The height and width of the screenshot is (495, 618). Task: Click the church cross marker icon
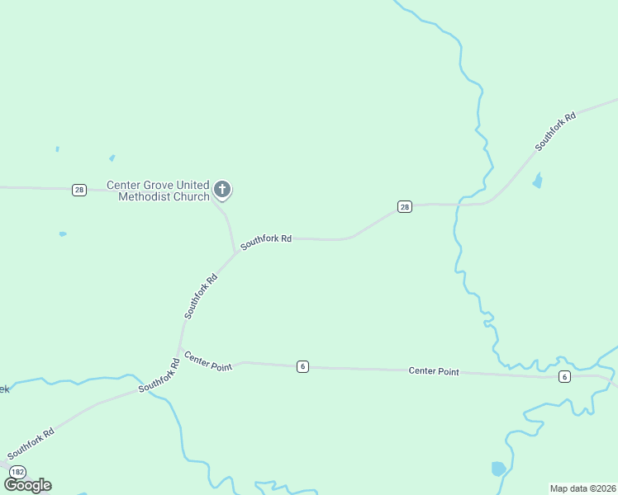coord(221,189)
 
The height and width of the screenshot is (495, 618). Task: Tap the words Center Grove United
coord(159,186)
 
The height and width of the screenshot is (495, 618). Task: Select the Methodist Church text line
coord(164,196)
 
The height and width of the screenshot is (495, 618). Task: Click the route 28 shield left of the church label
coord(78,190)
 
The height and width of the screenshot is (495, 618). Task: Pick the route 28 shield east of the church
coord(404,206)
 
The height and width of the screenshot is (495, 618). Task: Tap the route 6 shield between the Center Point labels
coord(303,366)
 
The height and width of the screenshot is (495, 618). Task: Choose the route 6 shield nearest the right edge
coord(564,376)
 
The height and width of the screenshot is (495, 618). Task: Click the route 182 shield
coord(18,471)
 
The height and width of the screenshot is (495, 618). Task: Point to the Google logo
coord(27,484)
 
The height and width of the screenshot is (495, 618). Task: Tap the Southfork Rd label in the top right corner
coord(554,131)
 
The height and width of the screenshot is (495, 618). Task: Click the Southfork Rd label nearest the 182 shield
coord(31,444)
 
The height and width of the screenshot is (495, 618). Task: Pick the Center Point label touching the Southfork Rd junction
coord(207,361)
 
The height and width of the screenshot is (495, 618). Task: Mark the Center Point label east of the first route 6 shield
coord(434,371)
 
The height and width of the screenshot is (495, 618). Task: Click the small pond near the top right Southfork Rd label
coord(538,181)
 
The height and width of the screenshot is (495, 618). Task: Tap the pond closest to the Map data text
coord(497,469)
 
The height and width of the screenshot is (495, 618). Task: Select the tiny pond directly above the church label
coord(112,158)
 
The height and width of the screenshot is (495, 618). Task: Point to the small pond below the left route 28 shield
coord(63,234)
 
